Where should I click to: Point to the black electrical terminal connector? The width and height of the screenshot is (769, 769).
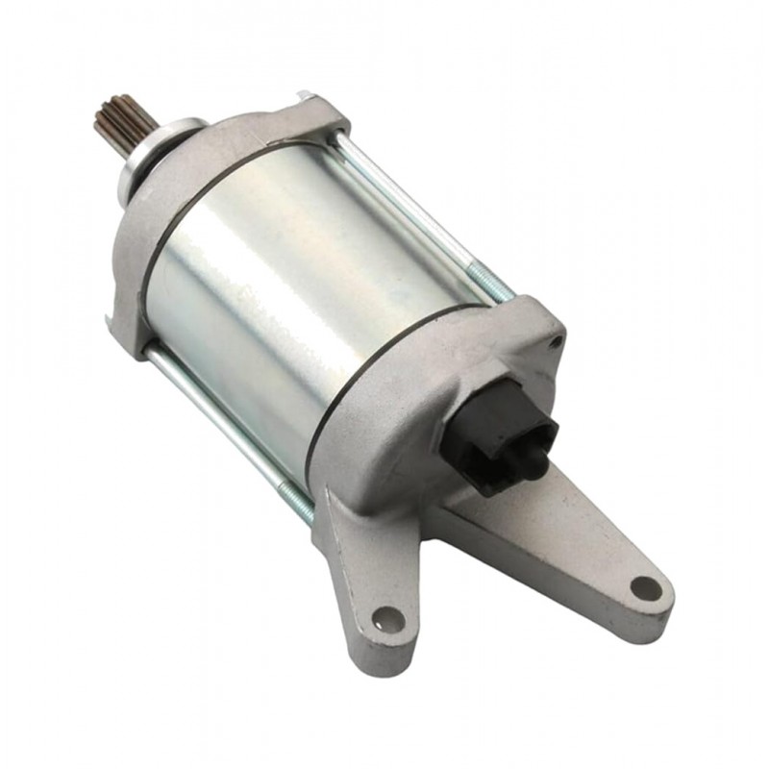click(x=505, y=433)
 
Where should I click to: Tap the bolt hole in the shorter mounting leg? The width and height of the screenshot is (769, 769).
click(x=386, y=615)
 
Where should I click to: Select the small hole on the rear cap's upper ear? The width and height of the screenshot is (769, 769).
click(x=556, y=339)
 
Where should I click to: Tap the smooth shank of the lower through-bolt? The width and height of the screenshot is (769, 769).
click(x=211, y=413)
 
